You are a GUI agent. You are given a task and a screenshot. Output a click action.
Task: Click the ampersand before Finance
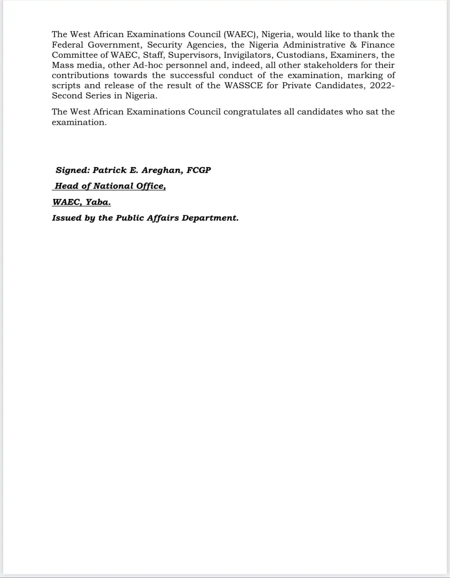pos(353,45)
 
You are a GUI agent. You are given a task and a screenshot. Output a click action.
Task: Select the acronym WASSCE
pos(243,85)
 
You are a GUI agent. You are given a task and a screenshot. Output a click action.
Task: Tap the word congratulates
pos(252,112)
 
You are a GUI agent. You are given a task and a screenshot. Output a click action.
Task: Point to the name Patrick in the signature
pos(109,170)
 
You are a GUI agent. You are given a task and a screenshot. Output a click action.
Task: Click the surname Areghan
pos(162,170)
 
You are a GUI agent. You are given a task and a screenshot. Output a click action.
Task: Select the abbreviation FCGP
pos(199,170)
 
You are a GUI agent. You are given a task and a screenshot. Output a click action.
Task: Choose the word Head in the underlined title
pos(67,186)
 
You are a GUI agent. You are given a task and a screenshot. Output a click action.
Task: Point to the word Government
pos(115,45)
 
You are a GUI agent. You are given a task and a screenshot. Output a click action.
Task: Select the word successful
pos(192,75)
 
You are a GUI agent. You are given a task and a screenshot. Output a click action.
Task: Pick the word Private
pos(296,85)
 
